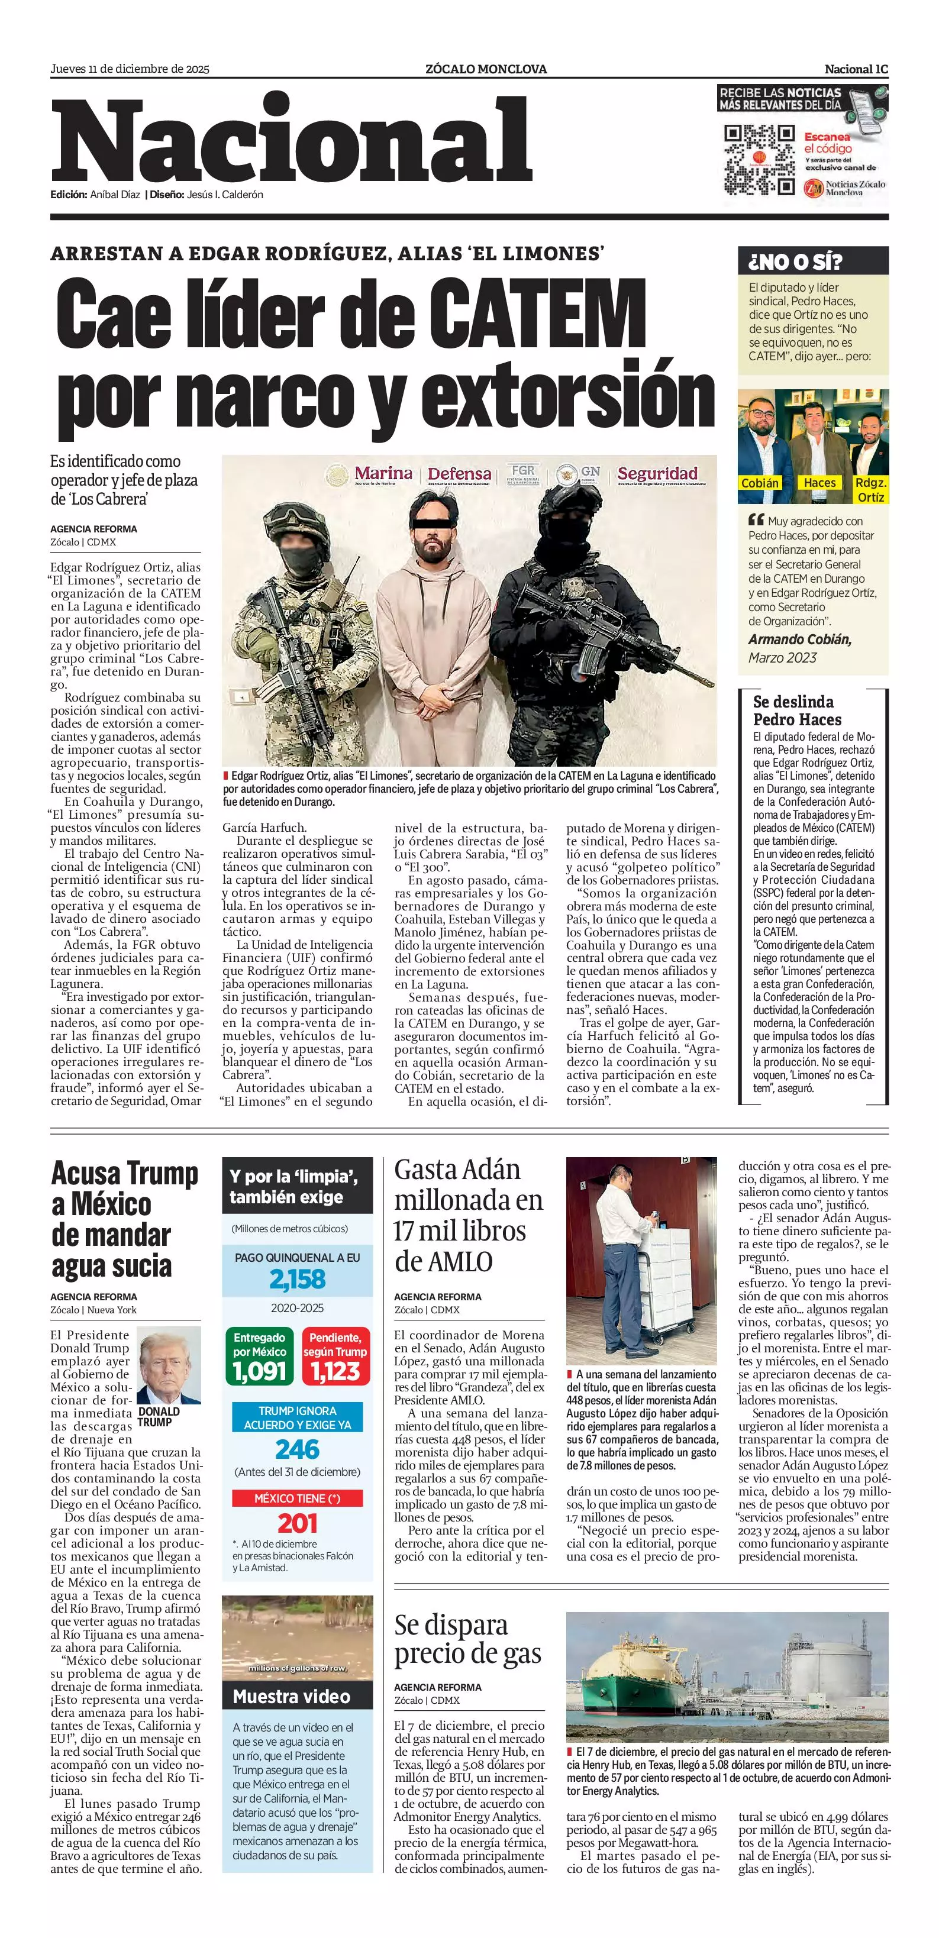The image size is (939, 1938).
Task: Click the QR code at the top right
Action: pyautogui.click(x=759, y=160)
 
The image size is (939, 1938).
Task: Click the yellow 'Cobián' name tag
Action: pyautogui.click(x=759, y=483)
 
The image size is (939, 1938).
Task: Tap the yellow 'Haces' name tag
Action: pyautogui.click(x=819, y=483)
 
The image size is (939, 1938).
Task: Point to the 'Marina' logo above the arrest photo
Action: pyautogui.click(x=383, y=474)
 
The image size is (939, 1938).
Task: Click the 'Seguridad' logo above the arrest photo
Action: pyautogui.click(x=657, y=474)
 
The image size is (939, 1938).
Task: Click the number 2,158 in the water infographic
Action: pyautogui.click(x=297, y=1279)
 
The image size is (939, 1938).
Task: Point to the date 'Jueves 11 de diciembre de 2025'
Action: pyautogui.click(x=130, y=69)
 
